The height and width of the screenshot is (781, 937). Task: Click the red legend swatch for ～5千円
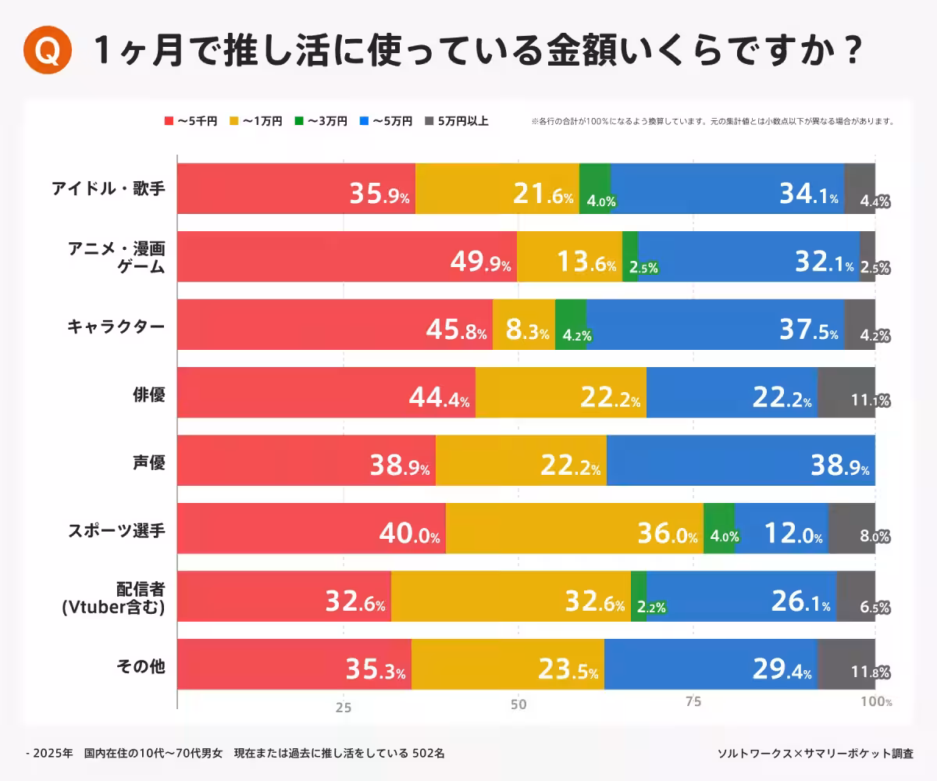(169, 121)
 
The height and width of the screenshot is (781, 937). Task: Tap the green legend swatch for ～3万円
(299, 121)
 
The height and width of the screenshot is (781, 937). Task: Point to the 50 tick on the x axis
(518, 705)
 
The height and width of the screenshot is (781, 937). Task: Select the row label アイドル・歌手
(109, 188)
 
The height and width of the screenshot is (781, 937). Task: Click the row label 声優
(148, 461)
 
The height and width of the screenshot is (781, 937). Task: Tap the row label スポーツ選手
(116, 529)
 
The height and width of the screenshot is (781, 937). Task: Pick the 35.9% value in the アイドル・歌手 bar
(379, 195)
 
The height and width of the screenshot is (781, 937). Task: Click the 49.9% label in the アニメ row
(481, 263)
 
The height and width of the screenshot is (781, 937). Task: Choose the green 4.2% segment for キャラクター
(571, 324)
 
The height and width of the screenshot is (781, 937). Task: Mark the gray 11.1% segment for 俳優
(846, 392)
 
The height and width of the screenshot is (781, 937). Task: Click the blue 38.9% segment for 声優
(740, 460)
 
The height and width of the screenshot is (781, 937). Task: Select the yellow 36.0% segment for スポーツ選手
(575, 528)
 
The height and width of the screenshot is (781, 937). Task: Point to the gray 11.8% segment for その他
(846, 664)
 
